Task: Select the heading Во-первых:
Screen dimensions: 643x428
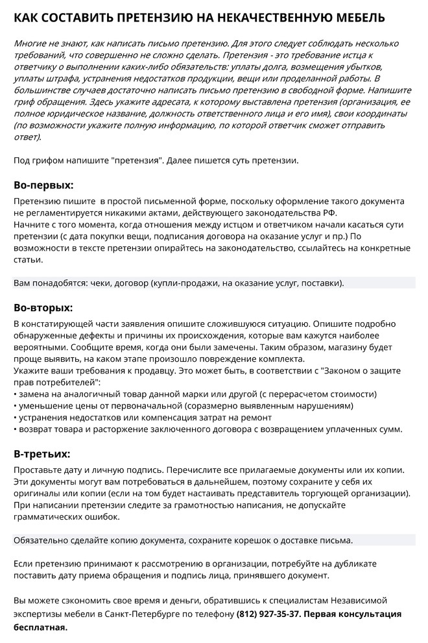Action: coord(44,184)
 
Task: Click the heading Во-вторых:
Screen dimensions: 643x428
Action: coord(43,307)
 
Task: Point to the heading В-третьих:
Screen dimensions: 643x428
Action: coord(42,453)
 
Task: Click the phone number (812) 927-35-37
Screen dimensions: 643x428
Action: coord(268,614)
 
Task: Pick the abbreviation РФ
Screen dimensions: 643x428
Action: coord(329,213)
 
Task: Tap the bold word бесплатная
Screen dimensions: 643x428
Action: coord(40,627)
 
